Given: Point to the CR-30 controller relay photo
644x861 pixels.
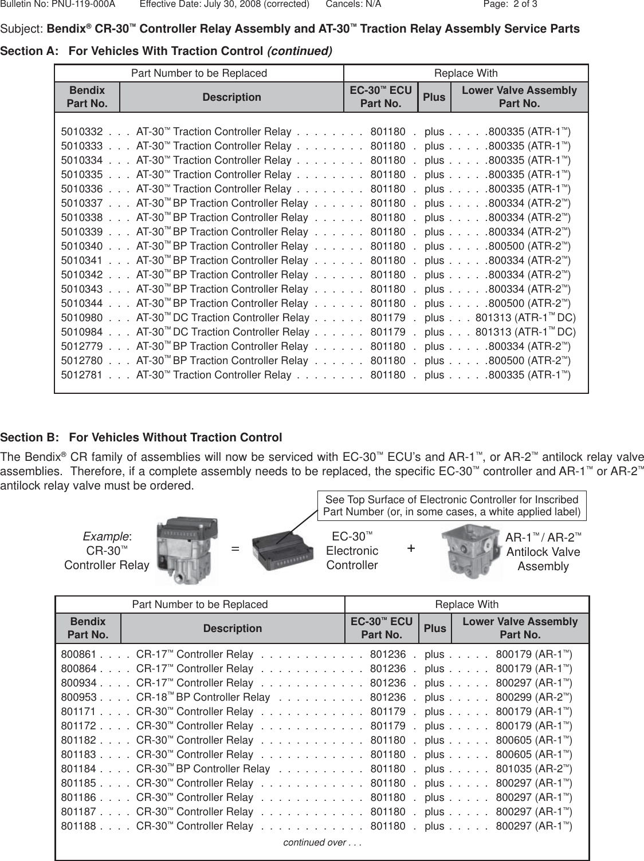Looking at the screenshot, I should (x=187, y=551).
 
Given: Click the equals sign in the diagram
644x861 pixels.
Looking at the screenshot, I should (x=235, y=549).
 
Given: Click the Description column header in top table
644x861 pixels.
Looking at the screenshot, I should (x=232, y=97).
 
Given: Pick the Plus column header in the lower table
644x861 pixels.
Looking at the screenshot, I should (x=435, y=628).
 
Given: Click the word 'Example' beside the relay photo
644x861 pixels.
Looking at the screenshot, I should (x=107, y=536).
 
